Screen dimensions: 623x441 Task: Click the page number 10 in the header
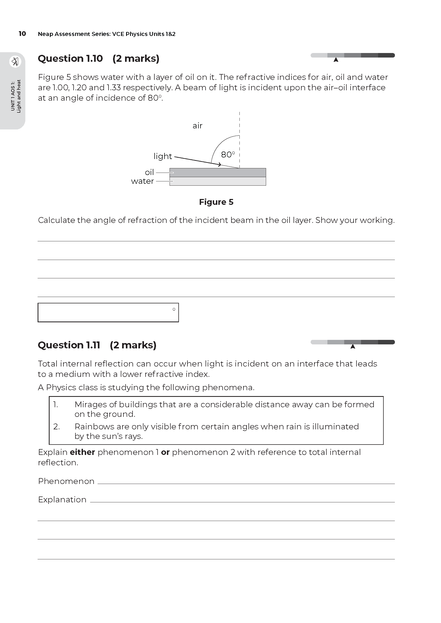tap(22, 34)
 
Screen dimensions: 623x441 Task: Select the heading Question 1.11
tap(69, 345)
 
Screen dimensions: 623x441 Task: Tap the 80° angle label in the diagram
tap(227, 155)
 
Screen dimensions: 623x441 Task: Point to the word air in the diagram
tap(197, 126)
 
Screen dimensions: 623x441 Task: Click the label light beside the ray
tap(163, 156)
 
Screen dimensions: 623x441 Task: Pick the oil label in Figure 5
tap(149, 172)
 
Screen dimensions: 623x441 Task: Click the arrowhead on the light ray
tap(219, 164)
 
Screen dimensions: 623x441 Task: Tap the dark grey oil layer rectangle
tap(218, 173)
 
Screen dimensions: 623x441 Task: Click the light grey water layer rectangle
tap(218, 181)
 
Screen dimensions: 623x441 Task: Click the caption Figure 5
tap(216, 202)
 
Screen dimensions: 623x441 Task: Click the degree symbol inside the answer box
tap(174, 309)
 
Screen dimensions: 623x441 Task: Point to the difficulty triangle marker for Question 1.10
tap(336, 60)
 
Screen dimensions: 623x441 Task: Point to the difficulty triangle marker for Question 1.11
tap(353, 347)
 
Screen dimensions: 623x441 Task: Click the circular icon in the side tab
tap(15, 62)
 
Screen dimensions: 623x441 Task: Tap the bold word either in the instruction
tap(82, 452)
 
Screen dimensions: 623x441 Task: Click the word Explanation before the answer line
tap(62, 499)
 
